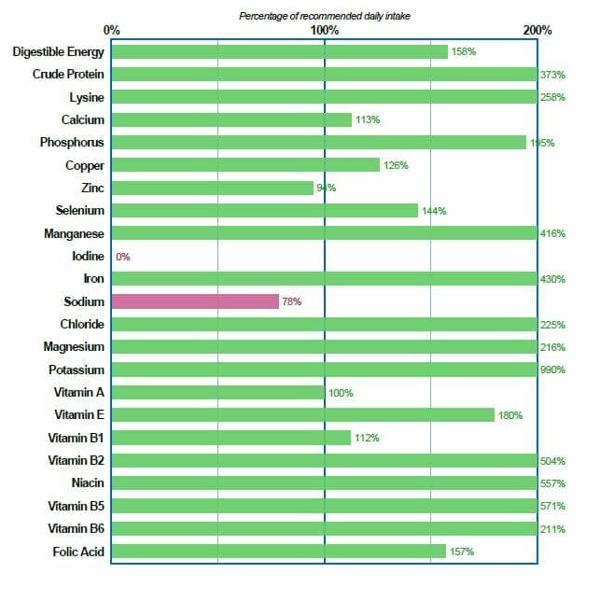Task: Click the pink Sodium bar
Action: click(195, 301)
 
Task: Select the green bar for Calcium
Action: click(231, 119)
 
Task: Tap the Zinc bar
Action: click(213, 188)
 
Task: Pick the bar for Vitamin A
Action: click(218, 393)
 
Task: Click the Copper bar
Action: click(245, 165)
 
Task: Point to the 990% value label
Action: click(552, 370)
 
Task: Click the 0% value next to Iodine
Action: click(123, 256)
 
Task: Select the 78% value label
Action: click(291, 301)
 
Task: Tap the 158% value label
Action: click(464, 51)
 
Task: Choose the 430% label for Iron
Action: click(552, 279)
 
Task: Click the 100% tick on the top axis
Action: click(324, 30)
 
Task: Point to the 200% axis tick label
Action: click(537, 30)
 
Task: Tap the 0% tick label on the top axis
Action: click(112, 30)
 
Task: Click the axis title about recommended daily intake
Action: click(325, 16)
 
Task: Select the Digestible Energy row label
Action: click(59, 51)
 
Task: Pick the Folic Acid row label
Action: click(79, 552)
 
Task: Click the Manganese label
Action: click(75, 233)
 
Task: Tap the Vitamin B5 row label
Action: click(77, 506)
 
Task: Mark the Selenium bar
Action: click(265, 211)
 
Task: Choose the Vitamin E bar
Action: click(303, 415)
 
